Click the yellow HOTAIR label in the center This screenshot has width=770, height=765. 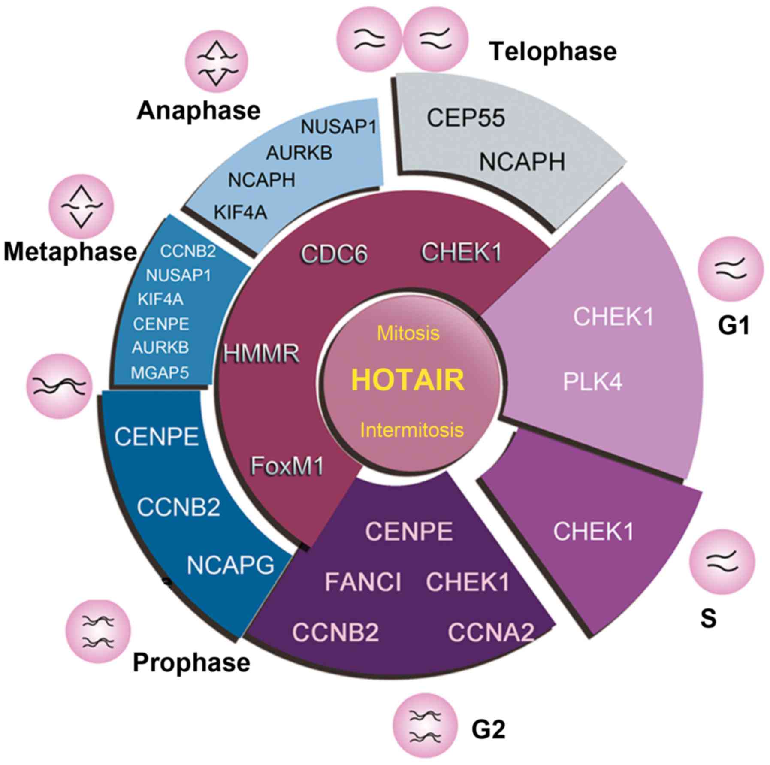(x=408, y=380)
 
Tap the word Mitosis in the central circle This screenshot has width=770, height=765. (x=408, y=333)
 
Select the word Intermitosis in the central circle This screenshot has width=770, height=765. (x=412, y=430)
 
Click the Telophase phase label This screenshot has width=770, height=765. (x=553, y=51)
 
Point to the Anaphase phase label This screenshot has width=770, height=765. (x=199, y=111)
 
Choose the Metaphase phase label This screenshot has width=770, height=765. (x=70, y=251)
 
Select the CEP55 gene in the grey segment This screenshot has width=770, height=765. (x=466, y=118)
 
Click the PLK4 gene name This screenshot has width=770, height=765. (x=592, y=381)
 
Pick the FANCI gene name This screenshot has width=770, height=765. (x=363, y=582)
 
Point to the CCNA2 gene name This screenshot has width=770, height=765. (x=491, y=632)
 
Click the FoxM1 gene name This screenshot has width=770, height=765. (x=287, y=466)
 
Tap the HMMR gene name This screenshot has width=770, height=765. (x=261, y=354)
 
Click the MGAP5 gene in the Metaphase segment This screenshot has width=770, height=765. (x=160, y=373)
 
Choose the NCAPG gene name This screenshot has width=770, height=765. (x=230, y=565)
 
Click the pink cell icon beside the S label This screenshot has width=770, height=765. (x=722, y=562)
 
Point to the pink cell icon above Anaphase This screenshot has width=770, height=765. (x=217, y=60)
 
